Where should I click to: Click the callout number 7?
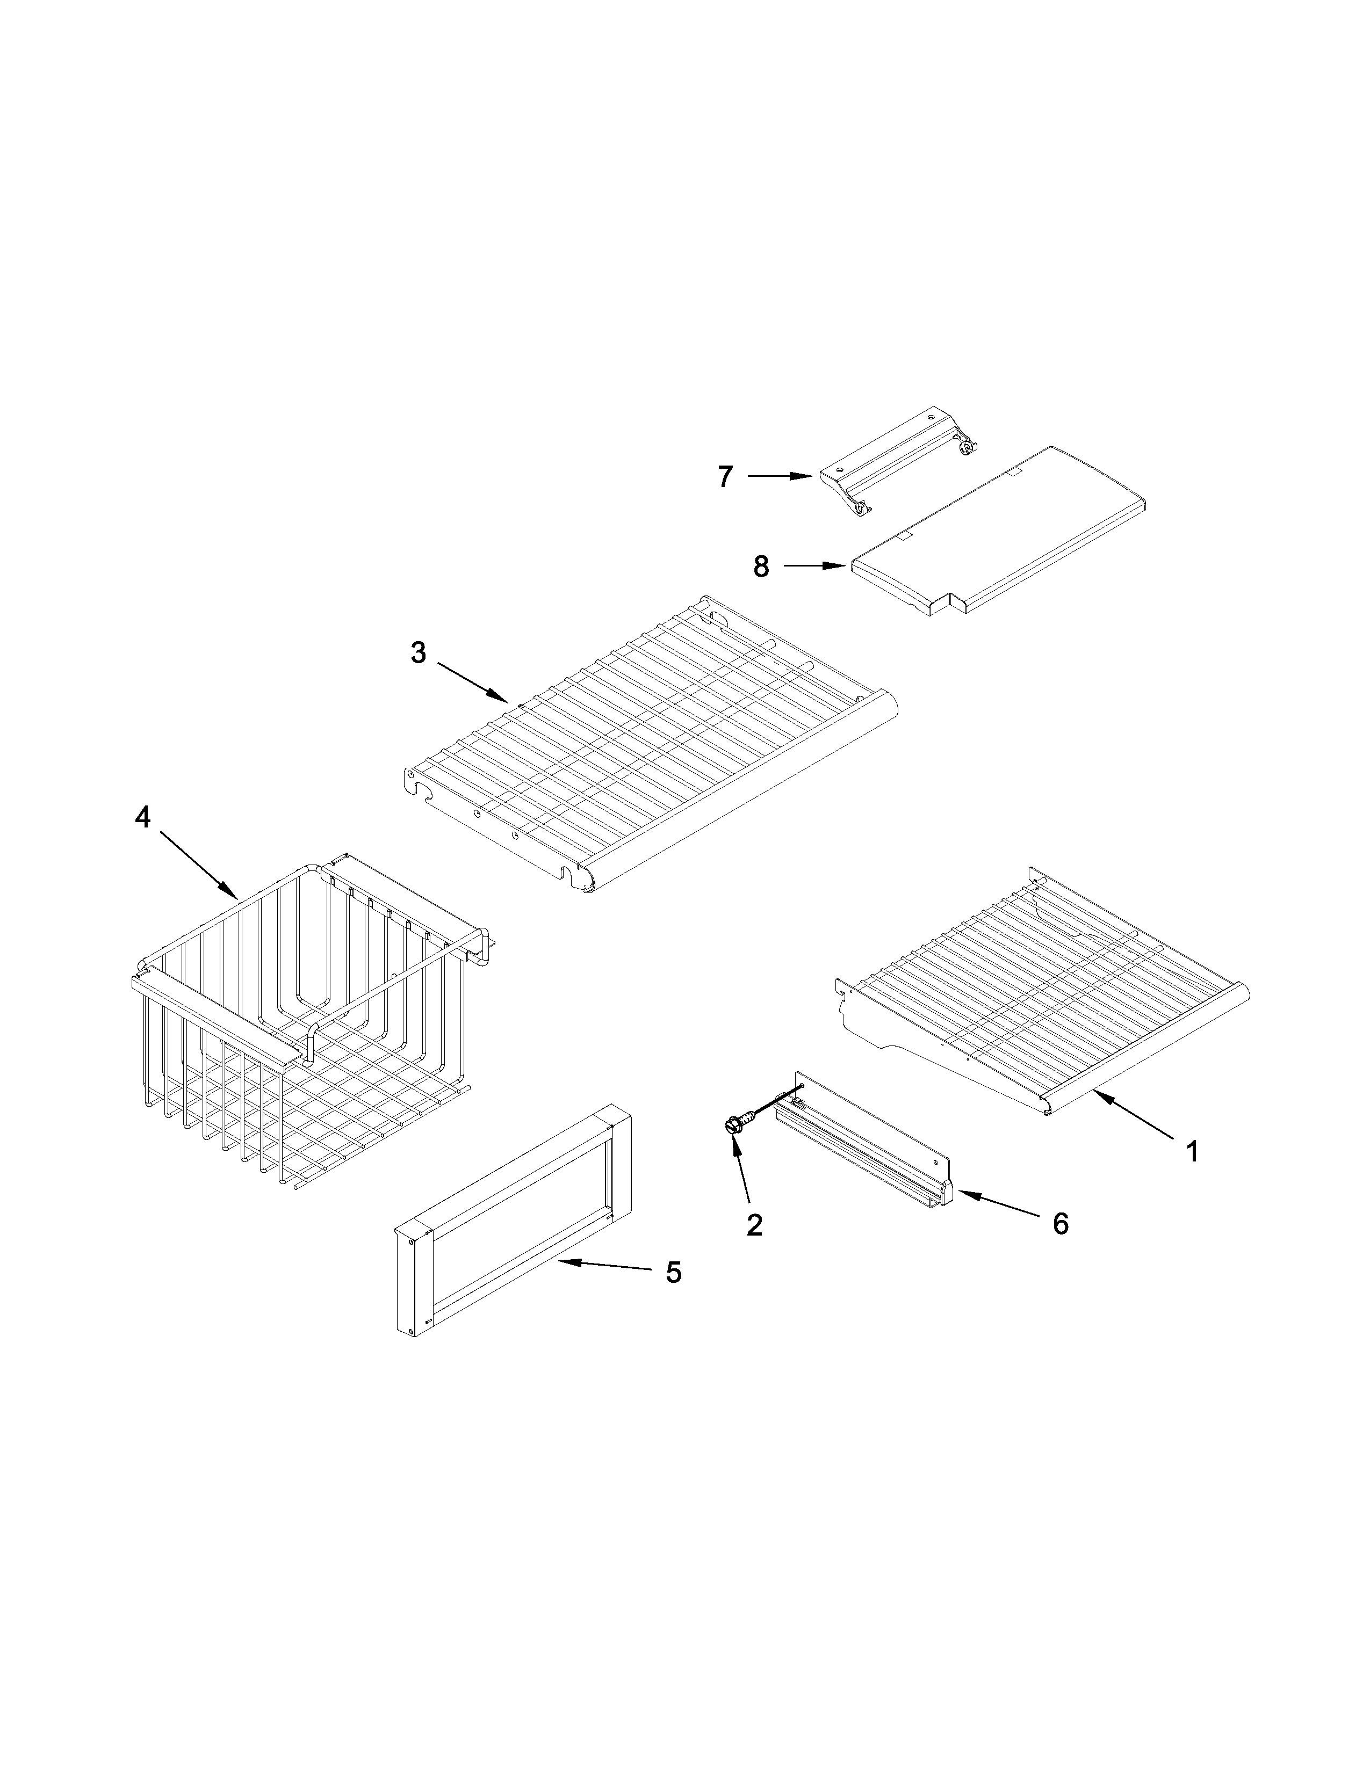725,476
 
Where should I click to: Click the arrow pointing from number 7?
779,476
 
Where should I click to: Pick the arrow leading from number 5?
604,1266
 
